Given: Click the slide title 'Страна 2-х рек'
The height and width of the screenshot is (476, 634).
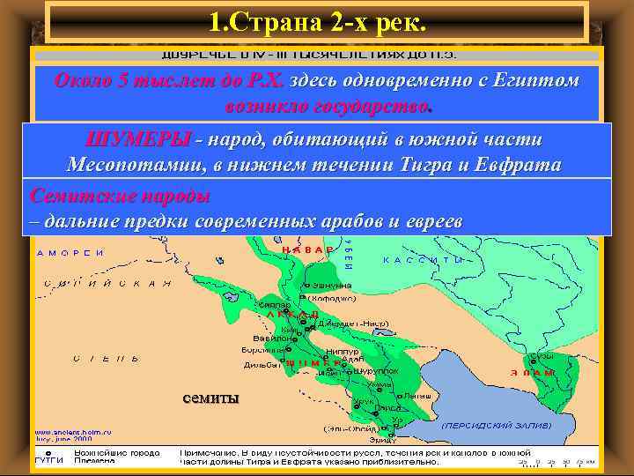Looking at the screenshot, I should pyautogui.click(x=318, y=20).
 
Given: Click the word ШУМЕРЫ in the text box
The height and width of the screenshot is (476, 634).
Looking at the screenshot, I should pyautogui.click(x=137, y=140).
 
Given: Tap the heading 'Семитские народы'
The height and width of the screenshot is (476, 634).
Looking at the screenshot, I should pyautogui.click(x=120, y=193).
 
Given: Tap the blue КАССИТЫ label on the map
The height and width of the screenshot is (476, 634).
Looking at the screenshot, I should pyautogui.click(x=424, y=260).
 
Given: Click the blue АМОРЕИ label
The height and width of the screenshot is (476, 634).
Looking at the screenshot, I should pyautogui.click(x=70, y=253).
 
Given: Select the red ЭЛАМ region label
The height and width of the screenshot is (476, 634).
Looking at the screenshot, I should pyautogui.click(x=538, y=373).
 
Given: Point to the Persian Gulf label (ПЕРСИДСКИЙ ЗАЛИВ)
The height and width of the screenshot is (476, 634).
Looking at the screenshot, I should pyautogui.click(x=498, y=424).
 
